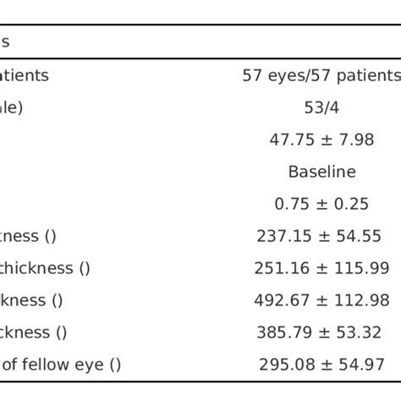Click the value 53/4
coord(321,107)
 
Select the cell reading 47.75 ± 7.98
coord(321,140)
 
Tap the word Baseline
coord(321,172)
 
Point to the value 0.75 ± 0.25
coord(321,204)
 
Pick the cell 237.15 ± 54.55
coord(321,236)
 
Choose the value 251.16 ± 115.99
coord(321,268)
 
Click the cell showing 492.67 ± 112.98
coord(321,300)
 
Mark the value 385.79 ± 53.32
coord(321,332)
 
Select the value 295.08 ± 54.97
coord(321,365)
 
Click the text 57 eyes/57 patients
coord(321,75)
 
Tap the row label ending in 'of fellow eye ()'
coord(61,365)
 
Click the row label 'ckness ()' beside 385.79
coord(35,332)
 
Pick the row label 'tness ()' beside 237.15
coord(28,236)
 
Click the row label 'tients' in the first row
coord(24,75)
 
